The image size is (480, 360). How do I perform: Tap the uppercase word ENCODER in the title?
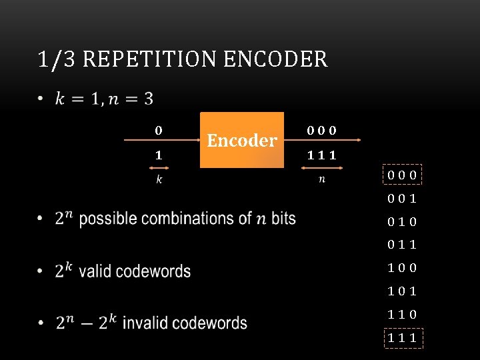[276, 59]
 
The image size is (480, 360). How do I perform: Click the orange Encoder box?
[242, 140]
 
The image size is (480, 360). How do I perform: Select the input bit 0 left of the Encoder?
[158, 131]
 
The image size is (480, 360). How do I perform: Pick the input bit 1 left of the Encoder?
[158, 155]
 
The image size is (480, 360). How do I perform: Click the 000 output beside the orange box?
[321, 131]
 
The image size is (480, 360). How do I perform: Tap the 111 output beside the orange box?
[321, 155]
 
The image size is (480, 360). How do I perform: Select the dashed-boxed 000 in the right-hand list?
[403, 175]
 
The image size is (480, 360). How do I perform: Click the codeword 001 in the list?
[403, 199]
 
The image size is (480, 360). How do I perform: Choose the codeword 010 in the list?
[403, 221]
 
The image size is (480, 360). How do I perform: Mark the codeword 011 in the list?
[403, 245]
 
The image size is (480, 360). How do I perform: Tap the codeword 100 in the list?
[403, 268]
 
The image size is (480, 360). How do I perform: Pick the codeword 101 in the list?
[403, 291]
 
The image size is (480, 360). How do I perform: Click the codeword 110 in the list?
[403, 314]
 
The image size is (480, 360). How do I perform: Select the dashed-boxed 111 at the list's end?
[403, 337]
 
